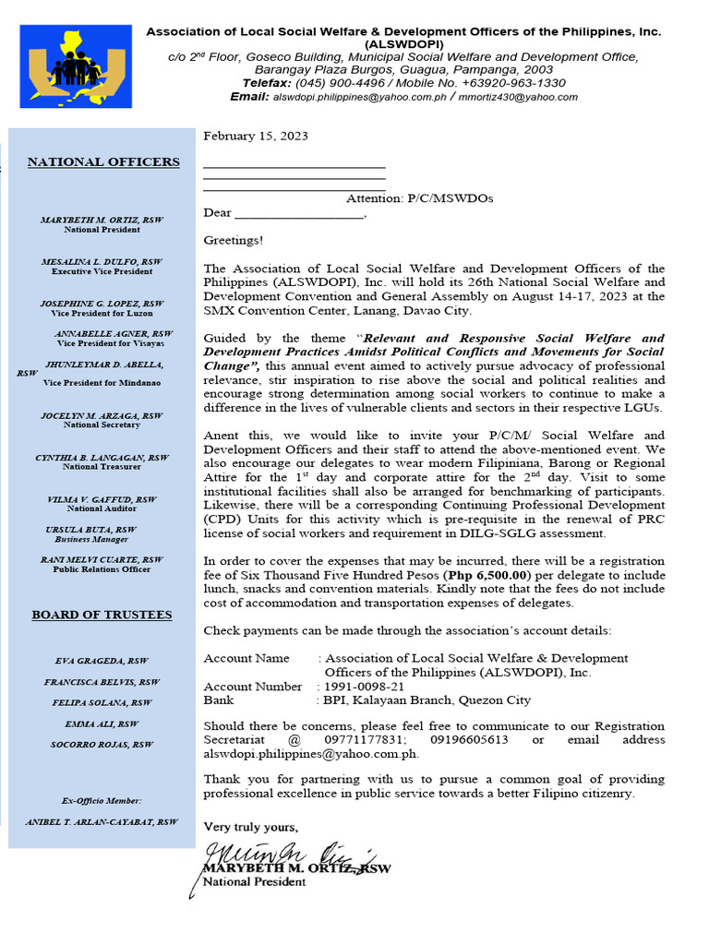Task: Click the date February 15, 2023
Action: click(256, 136)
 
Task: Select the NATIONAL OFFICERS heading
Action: click(103, 162)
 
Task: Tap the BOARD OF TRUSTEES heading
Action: click(102, 615)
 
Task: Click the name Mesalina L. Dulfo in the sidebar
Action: click(102, 262)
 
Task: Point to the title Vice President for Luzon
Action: click(102, 313)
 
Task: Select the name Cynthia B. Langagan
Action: click(102, 458)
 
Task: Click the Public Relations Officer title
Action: click(102, 569)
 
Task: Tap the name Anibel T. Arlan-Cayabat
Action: click(102, 821)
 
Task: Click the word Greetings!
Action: click(233, 241)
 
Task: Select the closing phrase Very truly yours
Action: click(251, 827)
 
